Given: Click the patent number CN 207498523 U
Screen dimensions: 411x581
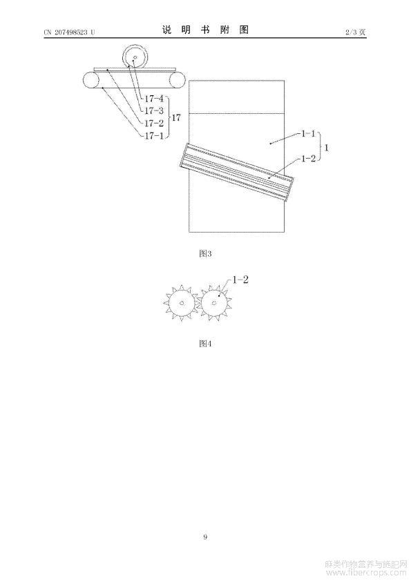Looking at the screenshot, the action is click(69, 32).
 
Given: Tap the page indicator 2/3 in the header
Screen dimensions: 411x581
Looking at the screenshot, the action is click(350, 32).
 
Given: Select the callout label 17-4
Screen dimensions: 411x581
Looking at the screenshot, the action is click(154, 99).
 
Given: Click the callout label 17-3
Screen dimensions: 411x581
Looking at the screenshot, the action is click(154, 111).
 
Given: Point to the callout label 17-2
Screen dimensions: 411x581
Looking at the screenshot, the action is click(154, 124).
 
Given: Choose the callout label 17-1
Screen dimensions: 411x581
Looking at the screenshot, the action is click(154, 136).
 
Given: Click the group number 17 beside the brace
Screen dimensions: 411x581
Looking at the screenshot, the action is click(176, 118).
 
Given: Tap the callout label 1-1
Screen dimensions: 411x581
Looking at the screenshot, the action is click(308, 133).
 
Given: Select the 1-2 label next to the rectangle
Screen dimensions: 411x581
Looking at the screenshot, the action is click(308, 159).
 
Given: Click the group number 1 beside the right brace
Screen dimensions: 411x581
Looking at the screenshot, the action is click(327, 148).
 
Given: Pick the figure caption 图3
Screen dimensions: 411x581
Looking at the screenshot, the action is click(205, 254).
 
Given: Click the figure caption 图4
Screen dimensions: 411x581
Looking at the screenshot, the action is click(205, 344).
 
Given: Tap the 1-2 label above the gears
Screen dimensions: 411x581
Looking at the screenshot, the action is click(240, 279).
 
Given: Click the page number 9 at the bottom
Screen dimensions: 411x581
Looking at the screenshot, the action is click(205, 537).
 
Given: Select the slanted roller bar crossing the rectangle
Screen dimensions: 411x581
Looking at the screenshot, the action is click(237, 172).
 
